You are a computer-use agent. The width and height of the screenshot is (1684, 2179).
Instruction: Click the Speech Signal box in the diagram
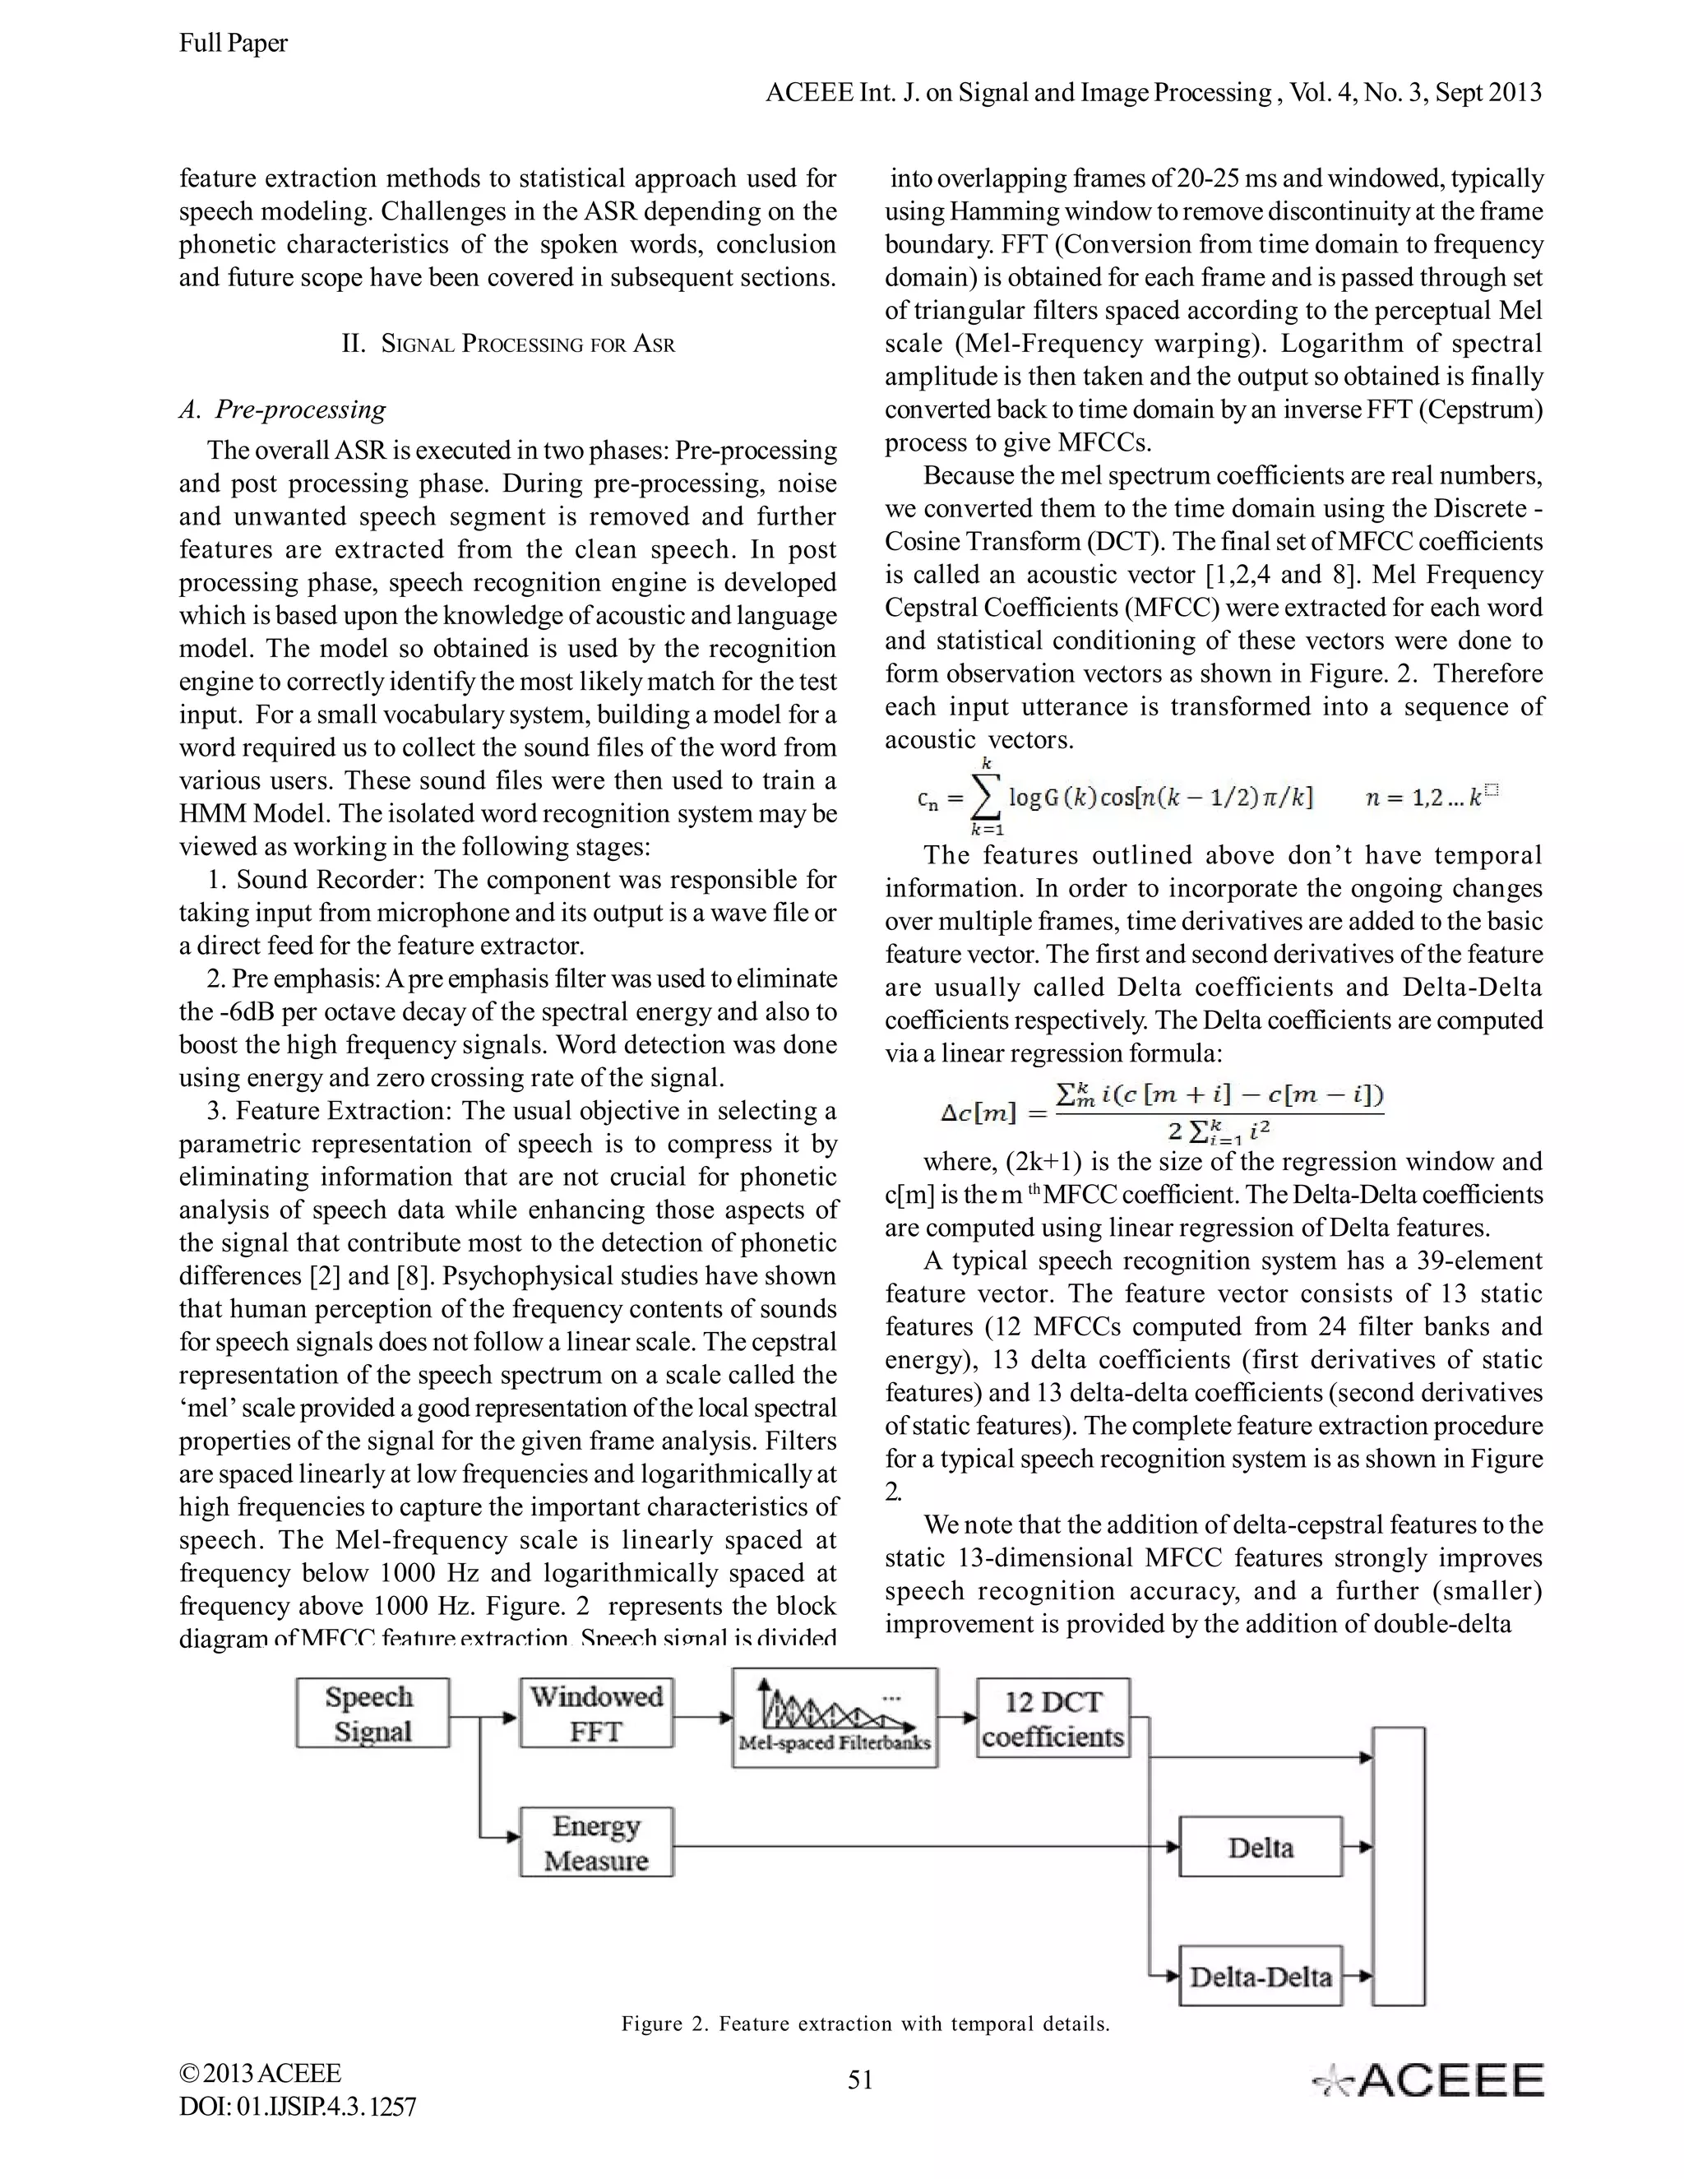[372, 1712]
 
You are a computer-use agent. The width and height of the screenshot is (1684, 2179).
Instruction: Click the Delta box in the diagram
[1260, 1847]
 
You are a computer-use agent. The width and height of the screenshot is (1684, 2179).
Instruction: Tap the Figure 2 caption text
[865, 2024]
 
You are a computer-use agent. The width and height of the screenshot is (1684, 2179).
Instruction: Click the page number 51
[860, 2080]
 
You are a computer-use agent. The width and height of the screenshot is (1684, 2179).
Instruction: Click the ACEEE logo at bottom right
[1427, 2080]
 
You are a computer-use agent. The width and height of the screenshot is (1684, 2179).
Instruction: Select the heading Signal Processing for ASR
[508, 345]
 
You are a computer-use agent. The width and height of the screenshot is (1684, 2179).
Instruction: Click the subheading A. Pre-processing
[282, 409]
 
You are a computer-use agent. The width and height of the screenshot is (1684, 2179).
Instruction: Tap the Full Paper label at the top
[234, 43]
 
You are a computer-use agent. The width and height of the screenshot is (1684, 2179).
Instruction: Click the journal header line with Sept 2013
[1154, 93]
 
